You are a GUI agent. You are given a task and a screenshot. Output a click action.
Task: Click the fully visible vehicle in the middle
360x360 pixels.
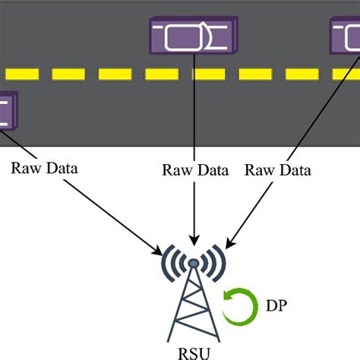[x=194, y=36]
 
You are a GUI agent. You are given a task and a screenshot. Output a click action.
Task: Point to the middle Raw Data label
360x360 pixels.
[x=195, y=170]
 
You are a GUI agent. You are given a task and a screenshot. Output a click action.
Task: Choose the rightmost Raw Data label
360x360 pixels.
[x=277, y=170]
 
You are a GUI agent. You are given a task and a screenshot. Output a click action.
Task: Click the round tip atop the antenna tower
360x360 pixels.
[x=194, y=263]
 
